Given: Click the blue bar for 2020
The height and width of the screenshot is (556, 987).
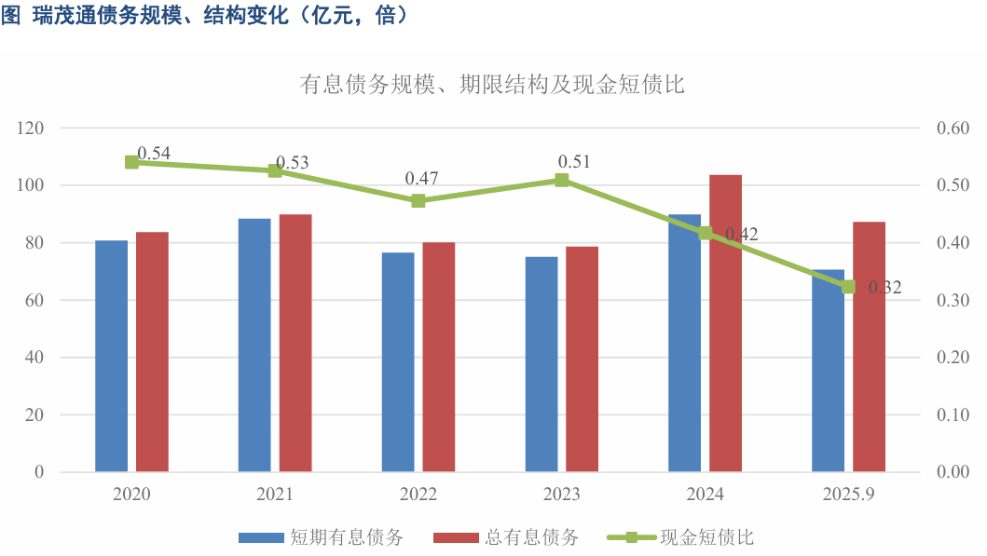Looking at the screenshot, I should click(112, 356).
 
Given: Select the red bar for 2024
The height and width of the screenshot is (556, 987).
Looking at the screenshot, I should click(726, 323).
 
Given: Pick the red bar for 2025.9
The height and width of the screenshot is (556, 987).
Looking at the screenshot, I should click(869, 346).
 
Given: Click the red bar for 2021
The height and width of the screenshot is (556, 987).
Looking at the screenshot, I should click(295, 343).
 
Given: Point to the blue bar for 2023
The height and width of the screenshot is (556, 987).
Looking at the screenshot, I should click(541, 363).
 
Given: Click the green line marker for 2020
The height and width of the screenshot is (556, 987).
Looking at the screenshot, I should click(132, 162).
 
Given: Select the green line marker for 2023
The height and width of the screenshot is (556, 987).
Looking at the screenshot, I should click(562, 180).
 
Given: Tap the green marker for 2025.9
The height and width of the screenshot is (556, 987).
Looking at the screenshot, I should click(848, 287).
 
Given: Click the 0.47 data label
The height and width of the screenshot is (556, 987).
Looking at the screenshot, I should click(421, 178).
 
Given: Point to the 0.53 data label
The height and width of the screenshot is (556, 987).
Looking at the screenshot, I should click(293, 163).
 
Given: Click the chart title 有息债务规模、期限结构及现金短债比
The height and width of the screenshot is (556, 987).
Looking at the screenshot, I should click(492, 85).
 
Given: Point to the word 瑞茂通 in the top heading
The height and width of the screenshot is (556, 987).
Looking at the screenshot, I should click(60, 16).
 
